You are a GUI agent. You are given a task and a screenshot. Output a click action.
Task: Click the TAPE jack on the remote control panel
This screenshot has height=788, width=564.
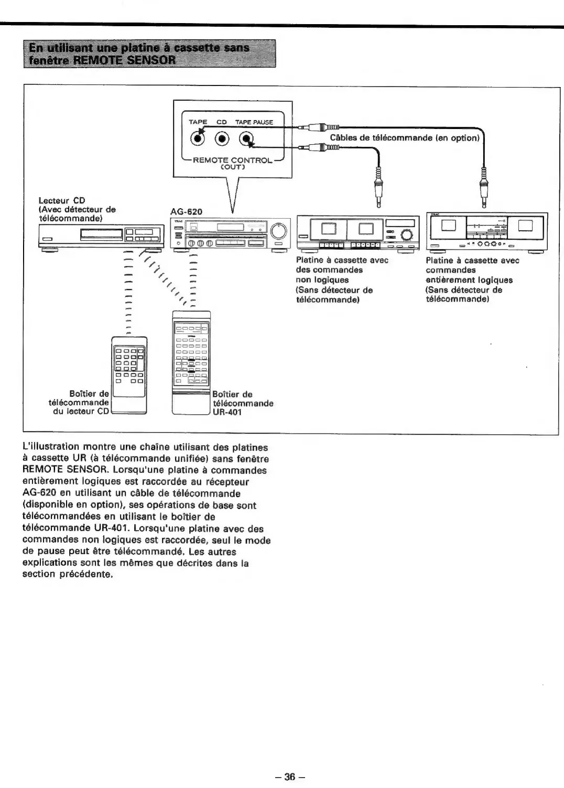pyautogui.click(x=198, y=139)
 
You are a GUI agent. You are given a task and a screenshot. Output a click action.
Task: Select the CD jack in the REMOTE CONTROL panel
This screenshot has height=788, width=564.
pyautogui.click(x=223, y=139)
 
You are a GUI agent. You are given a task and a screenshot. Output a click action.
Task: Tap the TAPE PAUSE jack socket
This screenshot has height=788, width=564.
pyautogui.click(x=246, y=139)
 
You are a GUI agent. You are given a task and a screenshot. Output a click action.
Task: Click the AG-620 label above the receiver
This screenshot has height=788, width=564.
pyautogui.click(x=186, y=212)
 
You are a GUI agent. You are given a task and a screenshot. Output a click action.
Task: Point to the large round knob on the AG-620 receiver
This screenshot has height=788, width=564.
pyautogui.click(x=279, y=230)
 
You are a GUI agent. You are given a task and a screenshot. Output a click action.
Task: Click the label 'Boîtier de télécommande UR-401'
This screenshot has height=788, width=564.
pyautogui.click(x=242, y=403)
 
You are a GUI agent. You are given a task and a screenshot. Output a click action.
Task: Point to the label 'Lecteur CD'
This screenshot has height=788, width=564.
pyautogui.click(x=62, y=200)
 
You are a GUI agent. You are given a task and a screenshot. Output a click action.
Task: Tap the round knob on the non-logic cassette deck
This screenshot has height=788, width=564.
pyautogui.click(x=407, y=235)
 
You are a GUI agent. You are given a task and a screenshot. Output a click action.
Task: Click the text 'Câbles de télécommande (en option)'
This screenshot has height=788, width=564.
pyautogui.click(x=405, y=138)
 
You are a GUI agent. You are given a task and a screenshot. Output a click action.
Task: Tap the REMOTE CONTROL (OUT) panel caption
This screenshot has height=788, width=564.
pyautogui.click(x=233, y=163)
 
